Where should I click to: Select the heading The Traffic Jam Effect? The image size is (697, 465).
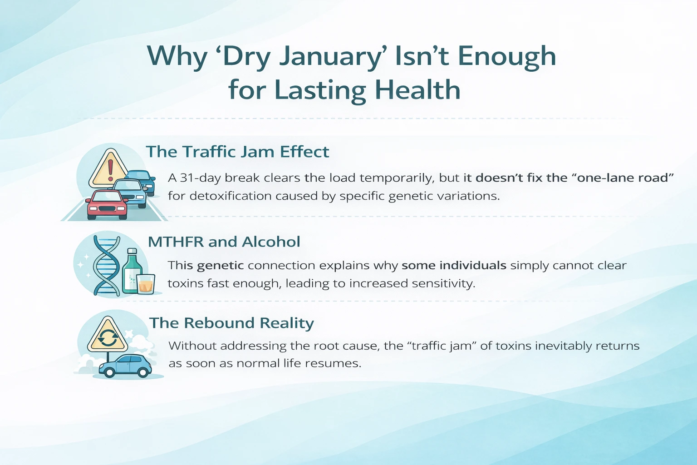pos(237,152)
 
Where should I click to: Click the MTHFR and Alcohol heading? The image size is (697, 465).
pos(224,242)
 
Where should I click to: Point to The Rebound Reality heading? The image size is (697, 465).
pos(231,323)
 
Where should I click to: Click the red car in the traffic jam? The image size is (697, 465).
pos(107,205)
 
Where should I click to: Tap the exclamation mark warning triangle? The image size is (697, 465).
pos(109,169)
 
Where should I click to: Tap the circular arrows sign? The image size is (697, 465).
pos(108,336)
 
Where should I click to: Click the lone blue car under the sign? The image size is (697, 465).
pos(126,366)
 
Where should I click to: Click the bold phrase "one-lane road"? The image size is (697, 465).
pos(625,178)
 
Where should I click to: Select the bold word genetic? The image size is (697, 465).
pos(221,265)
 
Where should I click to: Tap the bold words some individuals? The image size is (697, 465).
pos(454,265)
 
